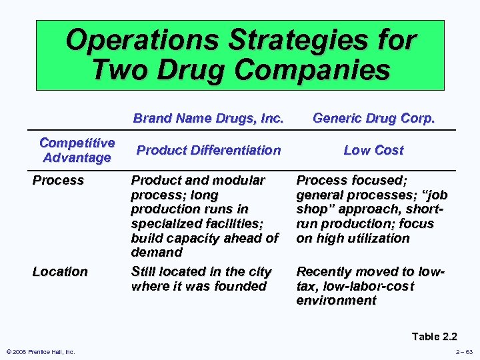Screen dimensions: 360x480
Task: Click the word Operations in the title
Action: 142,41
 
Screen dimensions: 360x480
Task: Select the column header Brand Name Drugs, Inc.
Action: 208,119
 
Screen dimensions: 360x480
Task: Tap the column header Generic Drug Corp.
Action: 373,119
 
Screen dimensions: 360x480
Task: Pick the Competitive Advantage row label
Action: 77,150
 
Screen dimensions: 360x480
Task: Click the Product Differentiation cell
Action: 208,150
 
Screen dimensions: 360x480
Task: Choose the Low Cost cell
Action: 373,150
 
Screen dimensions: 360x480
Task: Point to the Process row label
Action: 59,180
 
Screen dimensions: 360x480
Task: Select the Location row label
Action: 60,271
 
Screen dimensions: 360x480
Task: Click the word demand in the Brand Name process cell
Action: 157,253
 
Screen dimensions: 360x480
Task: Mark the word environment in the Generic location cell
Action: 336,301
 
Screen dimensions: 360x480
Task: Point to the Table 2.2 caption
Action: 434,336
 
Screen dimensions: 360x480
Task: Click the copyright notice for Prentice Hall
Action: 41,351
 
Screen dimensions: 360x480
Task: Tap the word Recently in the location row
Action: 324,271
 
